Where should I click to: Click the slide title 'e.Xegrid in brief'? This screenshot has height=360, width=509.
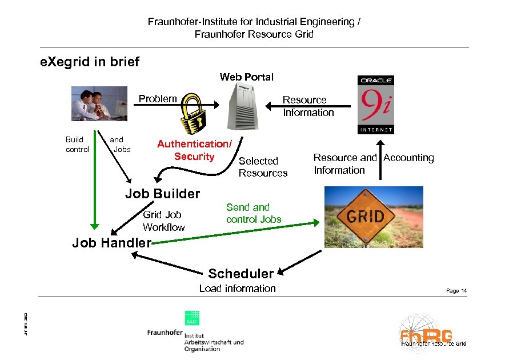(x=90, y=62)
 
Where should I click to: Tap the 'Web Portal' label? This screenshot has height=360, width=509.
(x=247, y=77)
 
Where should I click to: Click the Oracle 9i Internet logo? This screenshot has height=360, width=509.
(x=375, y=104)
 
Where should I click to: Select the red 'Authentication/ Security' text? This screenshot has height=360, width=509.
(x=194, y=151)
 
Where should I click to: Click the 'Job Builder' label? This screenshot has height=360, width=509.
(x=163, y=194)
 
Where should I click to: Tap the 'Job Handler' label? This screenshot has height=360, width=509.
(x=111, y=243)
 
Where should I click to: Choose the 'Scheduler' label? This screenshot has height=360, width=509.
(x=241, y=273)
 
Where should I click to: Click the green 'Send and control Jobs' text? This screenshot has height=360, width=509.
(x=254, y=213)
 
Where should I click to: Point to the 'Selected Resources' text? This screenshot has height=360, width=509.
(x=263, y=167)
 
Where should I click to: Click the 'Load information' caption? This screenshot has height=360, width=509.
(x=237, y=289)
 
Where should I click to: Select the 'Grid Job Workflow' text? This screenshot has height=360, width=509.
(x=164, y=221)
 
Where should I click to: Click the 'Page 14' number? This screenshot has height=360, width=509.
(x=456, y=291)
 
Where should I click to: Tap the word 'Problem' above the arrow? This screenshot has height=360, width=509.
(x=158, y=99)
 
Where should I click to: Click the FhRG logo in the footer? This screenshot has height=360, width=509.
(x=433, y=334)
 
